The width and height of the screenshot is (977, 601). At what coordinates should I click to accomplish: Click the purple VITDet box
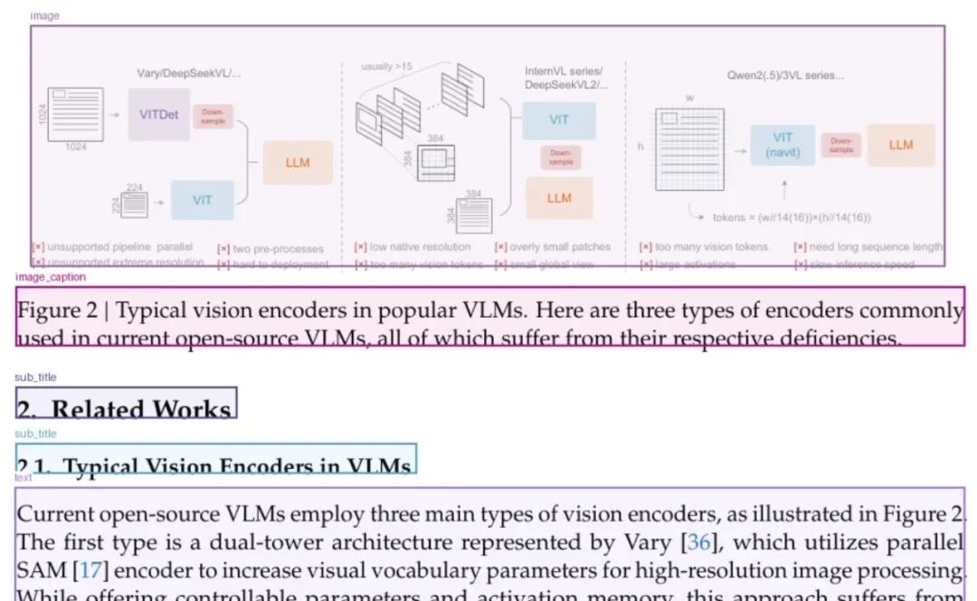158,114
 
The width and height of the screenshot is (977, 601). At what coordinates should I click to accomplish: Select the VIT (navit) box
783,145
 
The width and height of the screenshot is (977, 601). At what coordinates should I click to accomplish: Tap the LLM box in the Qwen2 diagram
900,145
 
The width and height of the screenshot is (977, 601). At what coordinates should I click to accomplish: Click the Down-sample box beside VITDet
213,117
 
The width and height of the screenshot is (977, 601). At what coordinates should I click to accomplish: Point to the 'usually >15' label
386,66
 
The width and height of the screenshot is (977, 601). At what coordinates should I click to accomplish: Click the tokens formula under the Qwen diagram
792,217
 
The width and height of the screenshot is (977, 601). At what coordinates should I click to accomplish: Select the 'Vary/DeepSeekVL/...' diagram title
189,73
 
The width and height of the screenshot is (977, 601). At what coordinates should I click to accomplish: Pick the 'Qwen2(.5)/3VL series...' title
786,76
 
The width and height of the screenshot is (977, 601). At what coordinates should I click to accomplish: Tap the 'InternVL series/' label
564,71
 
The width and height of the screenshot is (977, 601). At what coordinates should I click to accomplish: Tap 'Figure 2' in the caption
57,311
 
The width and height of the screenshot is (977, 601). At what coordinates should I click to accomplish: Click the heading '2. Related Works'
127,408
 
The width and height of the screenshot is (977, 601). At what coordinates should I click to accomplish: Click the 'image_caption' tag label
51,277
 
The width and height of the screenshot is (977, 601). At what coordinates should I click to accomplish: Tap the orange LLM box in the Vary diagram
298,163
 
